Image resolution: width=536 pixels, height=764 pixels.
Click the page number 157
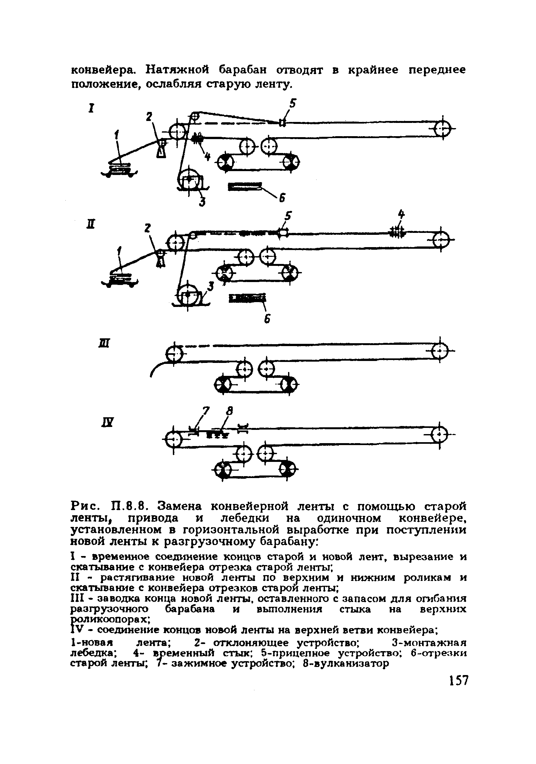point(458,681)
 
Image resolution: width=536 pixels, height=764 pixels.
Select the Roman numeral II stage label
point(90,224)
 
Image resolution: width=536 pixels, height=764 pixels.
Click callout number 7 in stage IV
point(206,412)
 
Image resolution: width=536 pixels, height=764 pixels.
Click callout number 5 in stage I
point(292,104)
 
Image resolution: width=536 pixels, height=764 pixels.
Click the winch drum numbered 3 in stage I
point(189,179)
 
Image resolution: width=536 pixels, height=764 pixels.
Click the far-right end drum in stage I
point(443,128)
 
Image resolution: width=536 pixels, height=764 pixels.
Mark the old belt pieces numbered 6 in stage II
point(248,298)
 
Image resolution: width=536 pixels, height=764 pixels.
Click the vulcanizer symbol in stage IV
point(217,435)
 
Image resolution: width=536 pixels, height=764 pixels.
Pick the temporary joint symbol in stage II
point(397,232)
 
